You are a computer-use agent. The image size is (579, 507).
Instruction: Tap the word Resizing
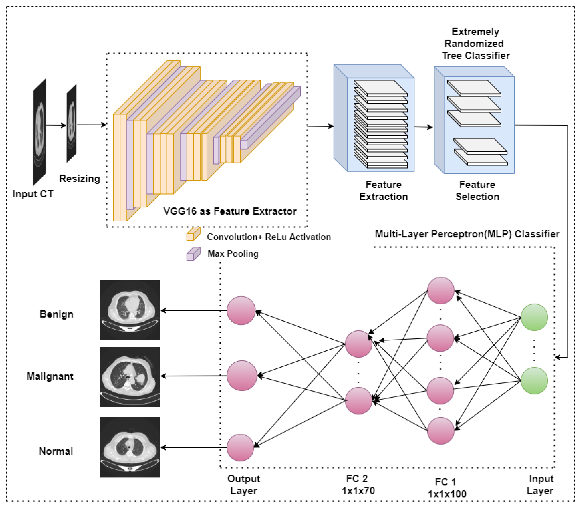point(80,179)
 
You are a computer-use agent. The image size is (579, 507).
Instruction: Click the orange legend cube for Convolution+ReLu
point(193,234)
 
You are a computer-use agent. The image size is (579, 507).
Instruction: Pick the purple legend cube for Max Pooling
point(193,254)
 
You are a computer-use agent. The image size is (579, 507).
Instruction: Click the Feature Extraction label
point(383,190)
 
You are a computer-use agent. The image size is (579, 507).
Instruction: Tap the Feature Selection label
point(477,190)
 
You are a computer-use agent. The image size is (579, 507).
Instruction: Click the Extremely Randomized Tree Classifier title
point(475,44)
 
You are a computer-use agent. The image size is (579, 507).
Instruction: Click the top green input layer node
point(534,317)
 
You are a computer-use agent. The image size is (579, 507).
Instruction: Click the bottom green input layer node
point(534,381)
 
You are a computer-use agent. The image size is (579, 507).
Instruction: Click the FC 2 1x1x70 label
point(358,484)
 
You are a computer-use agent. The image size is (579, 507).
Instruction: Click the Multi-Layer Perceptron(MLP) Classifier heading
point(467,234)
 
